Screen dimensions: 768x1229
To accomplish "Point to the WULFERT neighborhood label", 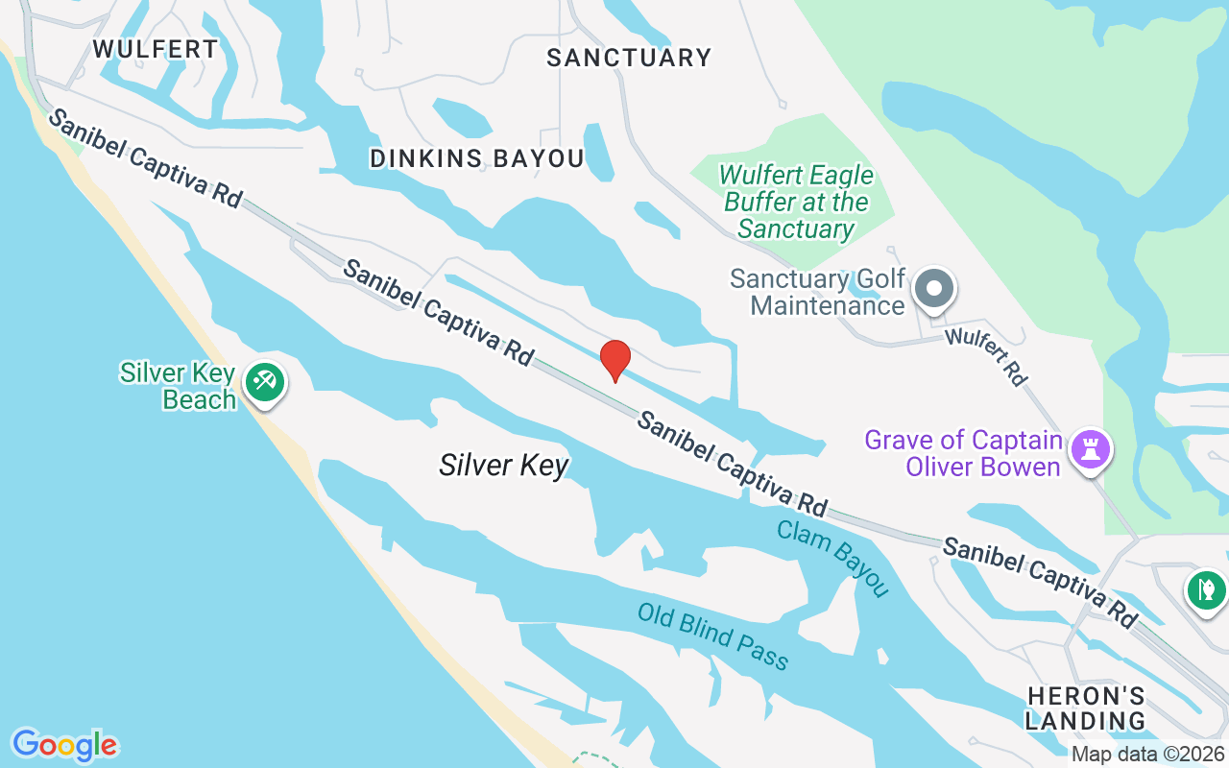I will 156,48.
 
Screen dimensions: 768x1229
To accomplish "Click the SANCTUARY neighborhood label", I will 629,58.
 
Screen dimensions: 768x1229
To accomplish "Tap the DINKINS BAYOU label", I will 477,158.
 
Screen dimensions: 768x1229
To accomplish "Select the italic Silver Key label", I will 504,466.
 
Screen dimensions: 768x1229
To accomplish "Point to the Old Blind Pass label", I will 712,636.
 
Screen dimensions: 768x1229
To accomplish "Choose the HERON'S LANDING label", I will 1085,708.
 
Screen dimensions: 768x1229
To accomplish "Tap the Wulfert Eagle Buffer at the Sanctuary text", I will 796,202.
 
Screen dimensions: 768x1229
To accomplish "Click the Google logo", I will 64,745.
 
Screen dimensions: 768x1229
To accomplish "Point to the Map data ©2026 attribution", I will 1148,755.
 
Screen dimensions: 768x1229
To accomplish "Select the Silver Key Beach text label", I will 178,386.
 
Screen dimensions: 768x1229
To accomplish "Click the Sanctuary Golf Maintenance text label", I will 818,292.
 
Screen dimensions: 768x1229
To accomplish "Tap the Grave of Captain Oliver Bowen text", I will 963,453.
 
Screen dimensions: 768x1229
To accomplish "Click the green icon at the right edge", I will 1206,588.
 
